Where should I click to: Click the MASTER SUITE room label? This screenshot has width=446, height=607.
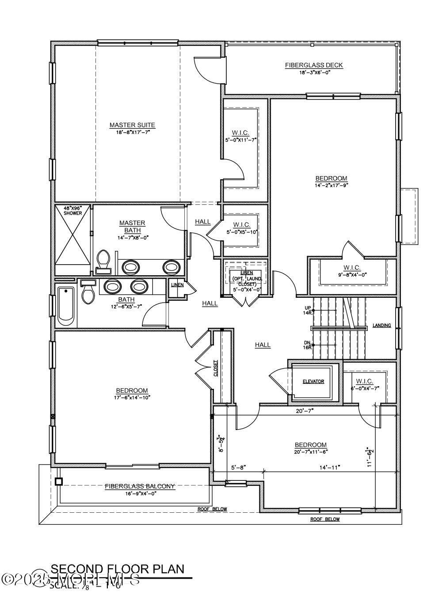(x=132, y=125)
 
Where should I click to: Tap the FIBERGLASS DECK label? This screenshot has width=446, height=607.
(x=313, y=65)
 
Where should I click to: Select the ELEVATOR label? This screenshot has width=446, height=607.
(x=313, y=381)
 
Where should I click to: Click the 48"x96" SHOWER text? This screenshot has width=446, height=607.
(x=72, y=211)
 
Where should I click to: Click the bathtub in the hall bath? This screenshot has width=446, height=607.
(x=66, y=304)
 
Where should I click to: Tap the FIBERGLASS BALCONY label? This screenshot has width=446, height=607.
(x=140, y=486)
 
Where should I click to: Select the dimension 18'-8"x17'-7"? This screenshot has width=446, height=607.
(x=132, y=132)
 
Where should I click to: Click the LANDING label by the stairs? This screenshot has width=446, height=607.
(x=381, y=326)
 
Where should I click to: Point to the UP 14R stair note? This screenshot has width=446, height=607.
(x=308, y=310)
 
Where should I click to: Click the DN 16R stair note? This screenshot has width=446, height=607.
(x=308, y=345)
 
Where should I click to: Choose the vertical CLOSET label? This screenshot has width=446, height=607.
(x=216, y=368)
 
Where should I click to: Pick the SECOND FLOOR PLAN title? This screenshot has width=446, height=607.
(x=117, y=569)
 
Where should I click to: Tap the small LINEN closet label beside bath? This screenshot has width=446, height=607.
(x=177, y=285)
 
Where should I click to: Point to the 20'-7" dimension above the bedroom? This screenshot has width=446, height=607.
(x=305, y=411)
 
